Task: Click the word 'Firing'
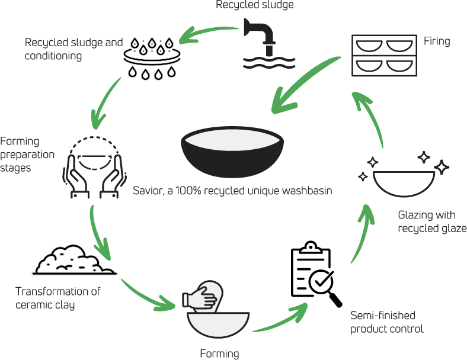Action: [437, 41]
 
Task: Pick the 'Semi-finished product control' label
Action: [387, 322]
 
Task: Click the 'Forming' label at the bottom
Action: [219, 354]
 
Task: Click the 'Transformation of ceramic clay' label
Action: [58, 298]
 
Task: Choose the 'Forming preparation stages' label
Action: [27, 154]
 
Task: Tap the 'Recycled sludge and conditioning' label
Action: [73, 50]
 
